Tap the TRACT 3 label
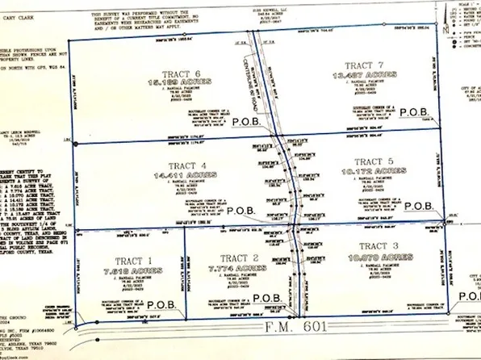pyautogui.click(x=379, y=245)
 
